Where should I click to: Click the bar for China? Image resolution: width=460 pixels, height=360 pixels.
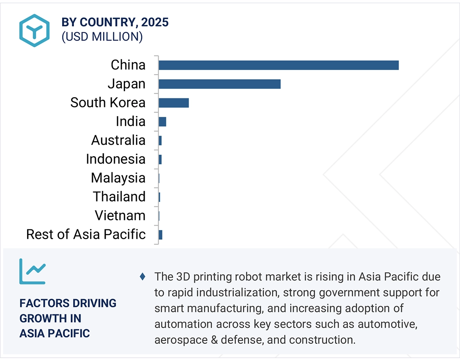click(x=278, y=65)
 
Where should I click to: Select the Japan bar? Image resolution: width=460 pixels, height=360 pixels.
click(x=219, y=84)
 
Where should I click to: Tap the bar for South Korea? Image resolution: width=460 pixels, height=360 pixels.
click(x=173, y=103)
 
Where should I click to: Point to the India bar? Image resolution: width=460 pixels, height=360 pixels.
click(x=162, y=122)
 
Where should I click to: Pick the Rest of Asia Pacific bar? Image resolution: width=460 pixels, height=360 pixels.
click(x=160, y=235)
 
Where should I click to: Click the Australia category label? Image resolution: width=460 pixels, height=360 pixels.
click(x=118, y=140)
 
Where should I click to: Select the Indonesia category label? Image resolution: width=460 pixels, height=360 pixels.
click(x=116, y=159)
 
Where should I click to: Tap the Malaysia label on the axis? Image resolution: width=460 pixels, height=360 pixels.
click(x=118, y=178)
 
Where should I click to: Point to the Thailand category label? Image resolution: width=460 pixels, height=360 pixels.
click(x=119, y=197)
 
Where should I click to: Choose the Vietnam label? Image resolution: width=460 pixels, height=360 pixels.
click(x=120, y=216)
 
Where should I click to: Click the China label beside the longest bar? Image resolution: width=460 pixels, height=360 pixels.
click(x=128, y=65)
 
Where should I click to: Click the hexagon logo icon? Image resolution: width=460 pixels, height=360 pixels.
click(x=35, y=30)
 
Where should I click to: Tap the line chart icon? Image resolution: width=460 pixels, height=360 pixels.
click(x=32, y=271)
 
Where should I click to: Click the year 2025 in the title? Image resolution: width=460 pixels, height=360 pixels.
click(x=155, y=22)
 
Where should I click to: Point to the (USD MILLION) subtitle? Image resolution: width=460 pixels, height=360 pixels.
click(x=102, y=37)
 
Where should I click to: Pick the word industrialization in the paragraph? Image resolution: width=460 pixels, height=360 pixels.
click(x=234, y=292)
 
